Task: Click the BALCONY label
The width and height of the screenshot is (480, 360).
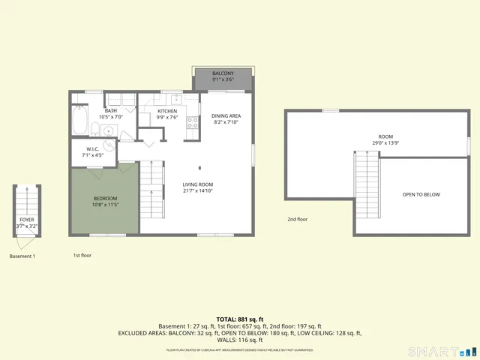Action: (x=223, y=73)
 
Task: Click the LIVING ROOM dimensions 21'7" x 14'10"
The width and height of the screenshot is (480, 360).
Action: (x=199, y=191)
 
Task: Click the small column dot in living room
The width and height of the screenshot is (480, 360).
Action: (x=199, y=167)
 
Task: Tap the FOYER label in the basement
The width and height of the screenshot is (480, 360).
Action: (x=25, y=220)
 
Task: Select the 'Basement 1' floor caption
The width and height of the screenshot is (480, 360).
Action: (x=22, y=256)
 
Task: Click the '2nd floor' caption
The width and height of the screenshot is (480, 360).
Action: (x=298, y=220)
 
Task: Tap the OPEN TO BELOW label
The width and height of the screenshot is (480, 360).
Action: (x=421, y=195)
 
